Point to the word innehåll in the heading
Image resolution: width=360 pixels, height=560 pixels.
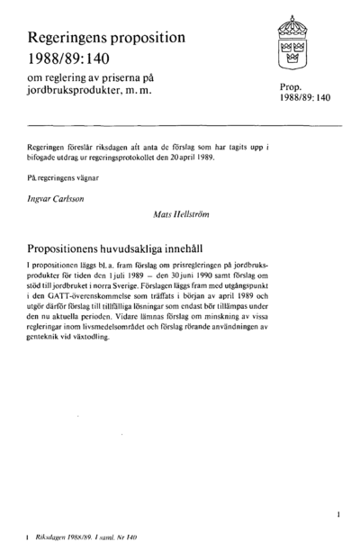(x=211, y=246)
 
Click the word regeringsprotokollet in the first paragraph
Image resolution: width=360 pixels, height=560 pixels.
(x=143, y=154)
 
